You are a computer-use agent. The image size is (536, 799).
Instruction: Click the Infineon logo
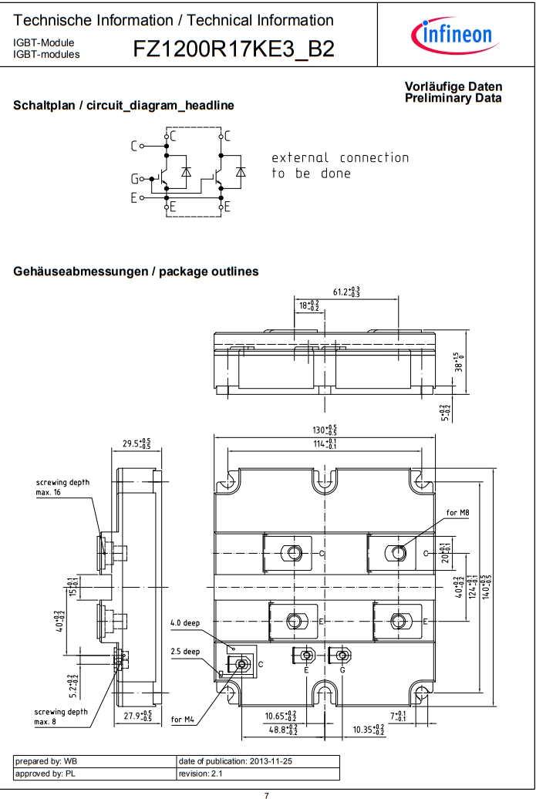click(x=457, y=35)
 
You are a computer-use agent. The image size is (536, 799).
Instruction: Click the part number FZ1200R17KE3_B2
click(x=234, y=49)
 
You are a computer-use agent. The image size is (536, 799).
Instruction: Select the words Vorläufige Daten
click(x=453, y=87)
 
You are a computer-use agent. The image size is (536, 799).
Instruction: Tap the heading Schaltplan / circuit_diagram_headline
click(x=123, y=106)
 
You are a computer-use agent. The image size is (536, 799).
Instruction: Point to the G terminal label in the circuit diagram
click(x=134, y=179)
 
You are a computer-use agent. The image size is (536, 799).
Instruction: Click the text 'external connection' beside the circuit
click(x=340, y=158)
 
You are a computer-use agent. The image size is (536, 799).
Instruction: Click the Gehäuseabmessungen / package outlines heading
click(x=136, y=271)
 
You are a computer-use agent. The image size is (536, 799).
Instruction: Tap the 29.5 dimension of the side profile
click(x=137, y=443)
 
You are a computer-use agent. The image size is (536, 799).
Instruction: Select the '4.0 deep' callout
click(x=186, y=622)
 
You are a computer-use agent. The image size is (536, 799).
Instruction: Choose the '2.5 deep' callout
click(x=185, y=652)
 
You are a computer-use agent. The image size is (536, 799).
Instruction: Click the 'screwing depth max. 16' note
click(x=62, y=487)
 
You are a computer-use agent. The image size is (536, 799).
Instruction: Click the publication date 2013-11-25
click(x=235, y=761)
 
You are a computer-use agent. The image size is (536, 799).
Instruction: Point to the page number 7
click(x=267, y=794)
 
